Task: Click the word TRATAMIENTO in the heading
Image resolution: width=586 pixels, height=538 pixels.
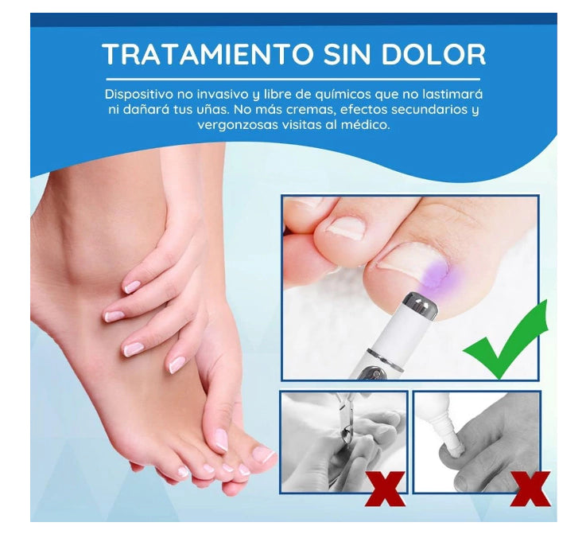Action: (x=208, y=55)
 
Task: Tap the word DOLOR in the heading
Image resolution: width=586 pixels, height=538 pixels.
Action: (x=433, y=55)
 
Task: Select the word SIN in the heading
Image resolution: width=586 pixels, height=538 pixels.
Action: (x=347, y=55)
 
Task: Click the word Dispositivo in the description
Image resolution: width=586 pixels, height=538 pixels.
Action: (x=138, y=94)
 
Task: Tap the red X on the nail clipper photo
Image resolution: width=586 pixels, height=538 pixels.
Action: (x=386, y=489)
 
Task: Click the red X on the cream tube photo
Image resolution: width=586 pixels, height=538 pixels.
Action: (x=530, y=489)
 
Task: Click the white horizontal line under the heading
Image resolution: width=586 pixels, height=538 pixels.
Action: (x=293, y=80)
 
